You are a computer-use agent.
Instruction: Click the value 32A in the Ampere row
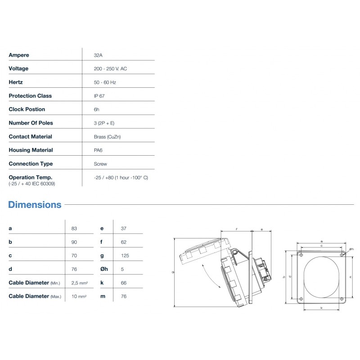98,55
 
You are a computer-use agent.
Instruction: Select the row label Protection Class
30,96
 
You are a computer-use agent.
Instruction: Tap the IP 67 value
99,96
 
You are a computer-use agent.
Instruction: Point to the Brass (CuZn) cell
107,137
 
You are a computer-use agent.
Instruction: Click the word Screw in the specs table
100,164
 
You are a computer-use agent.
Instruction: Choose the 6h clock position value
96,109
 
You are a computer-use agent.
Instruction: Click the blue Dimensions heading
35,205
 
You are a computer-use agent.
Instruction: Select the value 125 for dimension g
125,256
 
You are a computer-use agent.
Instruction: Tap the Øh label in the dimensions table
104,269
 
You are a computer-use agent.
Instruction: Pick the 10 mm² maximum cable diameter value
79,297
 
